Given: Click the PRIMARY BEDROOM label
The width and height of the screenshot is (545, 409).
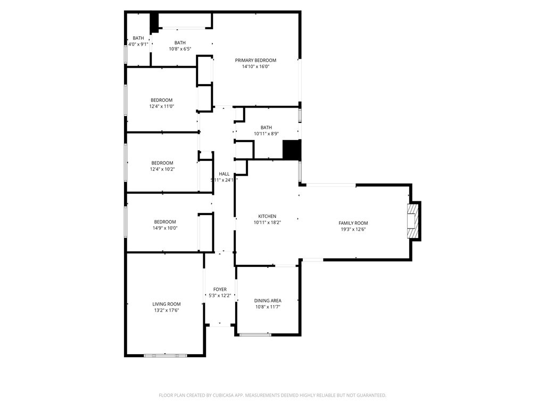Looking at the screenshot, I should (255, 60).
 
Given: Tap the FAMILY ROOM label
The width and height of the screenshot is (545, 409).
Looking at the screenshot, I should (353, 223).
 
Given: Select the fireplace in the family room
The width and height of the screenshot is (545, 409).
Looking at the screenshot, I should (412, 221).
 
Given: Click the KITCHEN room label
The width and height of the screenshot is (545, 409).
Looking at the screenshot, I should (267, 216).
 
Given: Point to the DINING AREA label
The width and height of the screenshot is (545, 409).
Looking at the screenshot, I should (268, 300).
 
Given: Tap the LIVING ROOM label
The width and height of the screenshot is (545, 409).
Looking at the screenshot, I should (166, 304).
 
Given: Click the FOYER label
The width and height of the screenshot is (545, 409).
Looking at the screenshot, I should (220, 289).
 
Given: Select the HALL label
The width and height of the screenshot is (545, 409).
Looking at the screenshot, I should (224, 174).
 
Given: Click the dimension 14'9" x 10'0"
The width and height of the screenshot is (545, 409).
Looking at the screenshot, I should (166, 228).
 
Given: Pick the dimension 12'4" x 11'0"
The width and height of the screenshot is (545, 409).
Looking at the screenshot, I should (162, 107).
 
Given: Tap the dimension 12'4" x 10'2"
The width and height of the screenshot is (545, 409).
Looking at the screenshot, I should (162, 169).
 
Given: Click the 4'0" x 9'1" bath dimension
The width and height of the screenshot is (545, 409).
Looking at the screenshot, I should (138, 44).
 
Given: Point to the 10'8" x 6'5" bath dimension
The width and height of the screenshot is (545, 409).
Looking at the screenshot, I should (180, 49).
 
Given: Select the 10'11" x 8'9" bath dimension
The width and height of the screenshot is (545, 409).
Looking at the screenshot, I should (266, 134).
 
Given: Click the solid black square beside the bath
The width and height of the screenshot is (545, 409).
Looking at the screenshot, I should (292, 150).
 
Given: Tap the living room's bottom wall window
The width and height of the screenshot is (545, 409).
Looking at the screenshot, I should (165, 355).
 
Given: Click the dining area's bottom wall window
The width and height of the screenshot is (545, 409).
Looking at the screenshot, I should (255, 334).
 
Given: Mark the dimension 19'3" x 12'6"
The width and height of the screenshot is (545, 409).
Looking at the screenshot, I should (353, 230).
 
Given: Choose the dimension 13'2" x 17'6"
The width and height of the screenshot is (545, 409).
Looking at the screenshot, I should (166, 310).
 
